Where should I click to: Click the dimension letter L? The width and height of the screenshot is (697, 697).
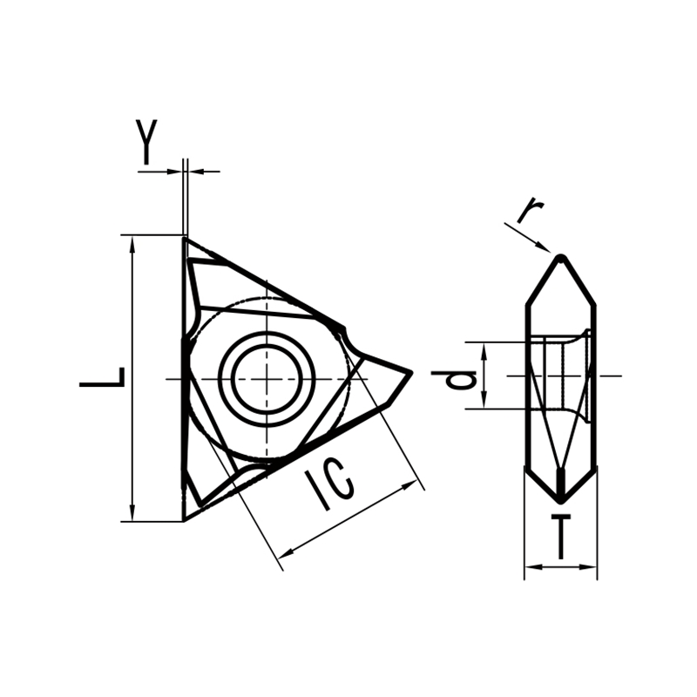(104, 377)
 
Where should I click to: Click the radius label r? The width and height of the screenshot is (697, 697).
(531, 211)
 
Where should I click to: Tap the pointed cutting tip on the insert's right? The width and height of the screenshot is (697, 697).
(409, 374)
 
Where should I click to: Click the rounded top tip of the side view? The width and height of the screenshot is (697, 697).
(561, 257)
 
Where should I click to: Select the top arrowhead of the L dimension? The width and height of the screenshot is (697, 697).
(132, 243)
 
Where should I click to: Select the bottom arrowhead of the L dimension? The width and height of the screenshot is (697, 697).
(132, 513)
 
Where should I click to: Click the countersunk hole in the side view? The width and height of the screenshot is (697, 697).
(566, 376)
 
